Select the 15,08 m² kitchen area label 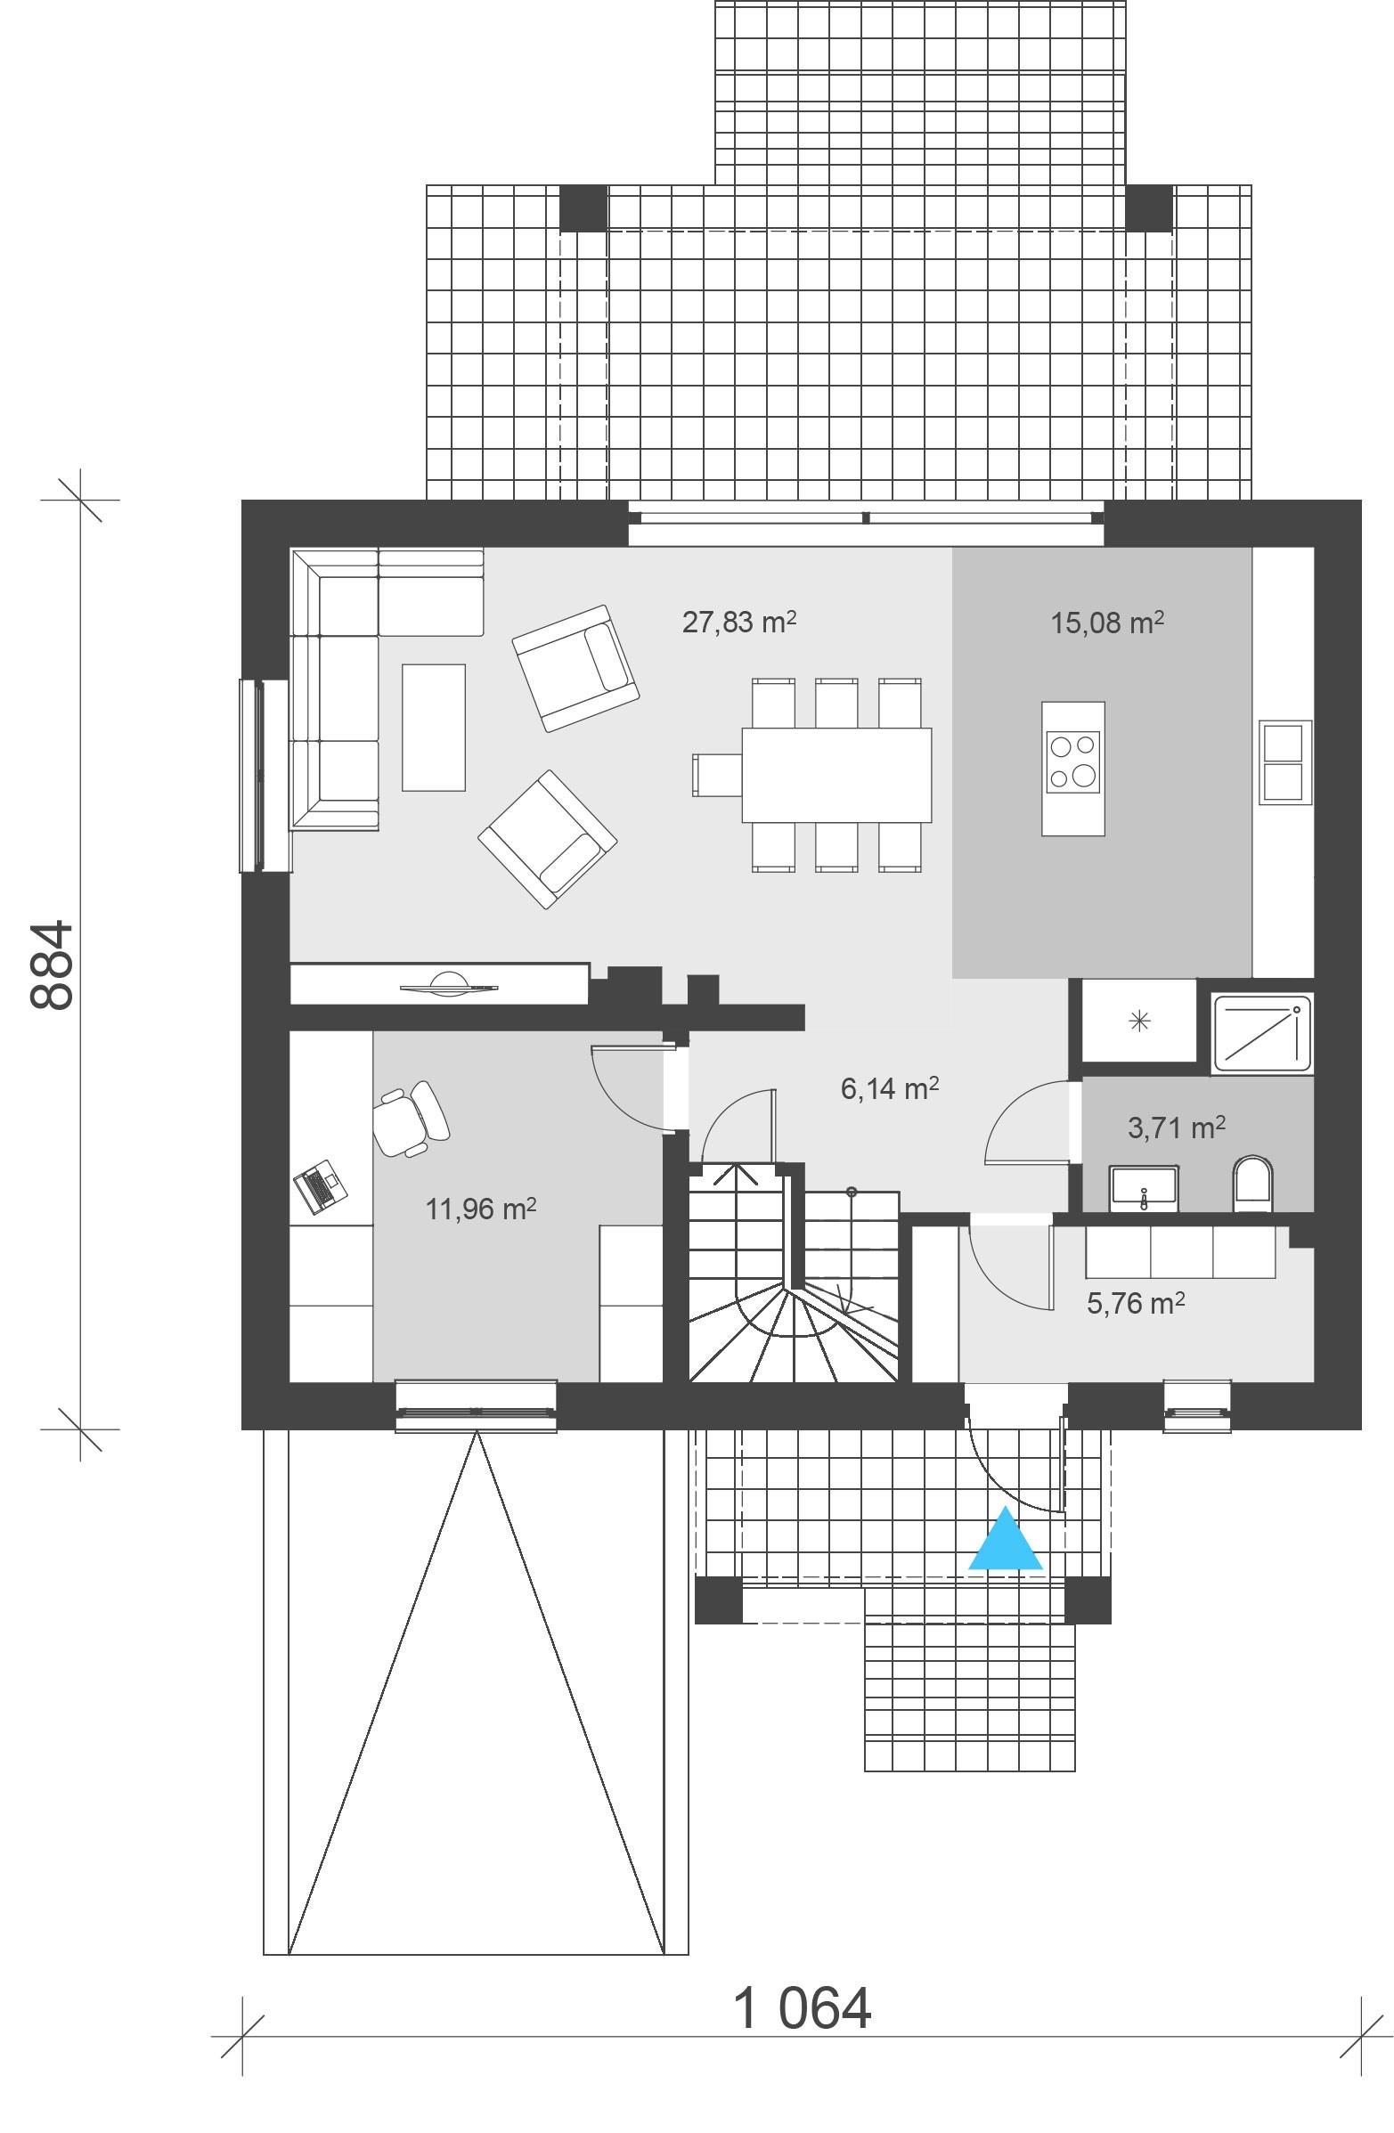click(x=1106, y=621)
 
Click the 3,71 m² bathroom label click(x=1175, y=1128)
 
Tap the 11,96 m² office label click(x=480, y=1209)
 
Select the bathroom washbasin click(x=1142, y=1188)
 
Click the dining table click(x=836, y=774)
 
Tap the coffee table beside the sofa click(x=433, y=727)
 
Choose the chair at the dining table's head click(x=715, y=774)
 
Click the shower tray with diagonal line click(x=1261, y=1032)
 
